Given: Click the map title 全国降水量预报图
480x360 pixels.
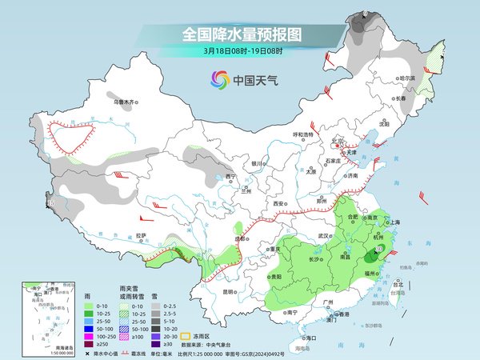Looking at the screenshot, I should pyautogui.click(x=241, y=34).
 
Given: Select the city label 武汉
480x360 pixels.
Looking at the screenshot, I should pyautogui.click(x=323, y=236).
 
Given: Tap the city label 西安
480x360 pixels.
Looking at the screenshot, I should pyautogui.click(x=278, y=205).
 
